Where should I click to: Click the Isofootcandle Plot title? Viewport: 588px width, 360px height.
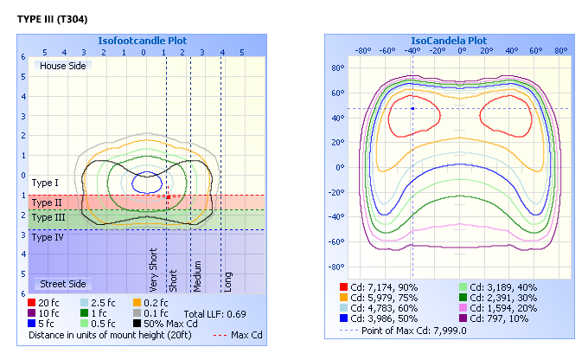pos(142,41)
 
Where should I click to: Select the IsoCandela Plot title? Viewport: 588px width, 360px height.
pos(448,41)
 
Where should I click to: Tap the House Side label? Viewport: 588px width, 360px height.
pos(63,66)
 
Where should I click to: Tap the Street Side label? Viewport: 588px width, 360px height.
pos(62,284)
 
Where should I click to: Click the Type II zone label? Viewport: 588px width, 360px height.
pos(46,202)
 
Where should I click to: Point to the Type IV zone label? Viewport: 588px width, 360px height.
pos(47,236)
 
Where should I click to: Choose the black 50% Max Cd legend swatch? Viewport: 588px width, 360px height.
pos(137,323)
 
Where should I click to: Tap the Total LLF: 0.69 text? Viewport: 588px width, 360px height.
pos(213,312)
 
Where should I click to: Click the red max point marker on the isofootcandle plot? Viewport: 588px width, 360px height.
pos(168,197)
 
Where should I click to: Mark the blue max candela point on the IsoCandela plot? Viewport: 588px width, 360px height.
pos(413,108)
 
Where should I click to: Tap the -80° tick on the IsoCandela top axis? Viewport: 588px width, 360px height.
pos(364,50)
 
